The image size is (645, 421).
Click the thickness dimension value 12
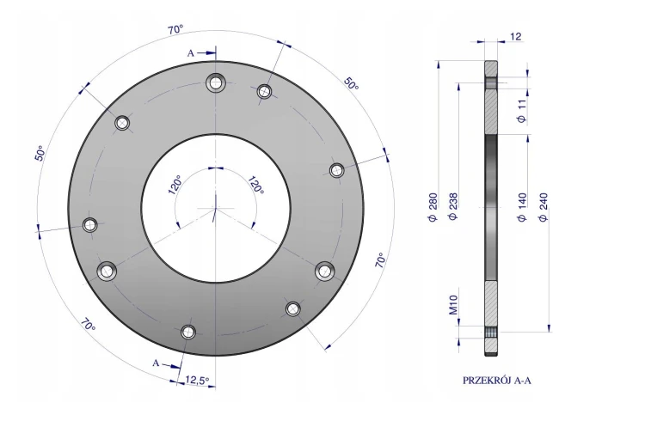point(516,37)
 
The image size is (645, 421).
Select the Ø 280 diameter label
point(433,207)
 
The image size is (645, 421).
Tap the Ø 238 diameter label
point(453,206)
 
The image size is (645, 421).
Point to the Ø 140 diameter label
point(522,207)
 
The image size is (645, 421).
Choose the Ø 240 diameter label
point(544,207)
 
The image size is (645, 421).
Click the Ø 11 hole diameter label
point(522,111)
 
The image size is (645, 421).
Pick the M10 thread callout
point(453,305)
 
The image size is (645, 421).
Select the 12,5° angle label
point(197,380)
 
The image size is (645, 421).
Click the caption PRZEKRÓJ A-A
point(497,381)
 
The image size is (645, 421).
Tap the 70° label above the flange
point(175,29)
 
